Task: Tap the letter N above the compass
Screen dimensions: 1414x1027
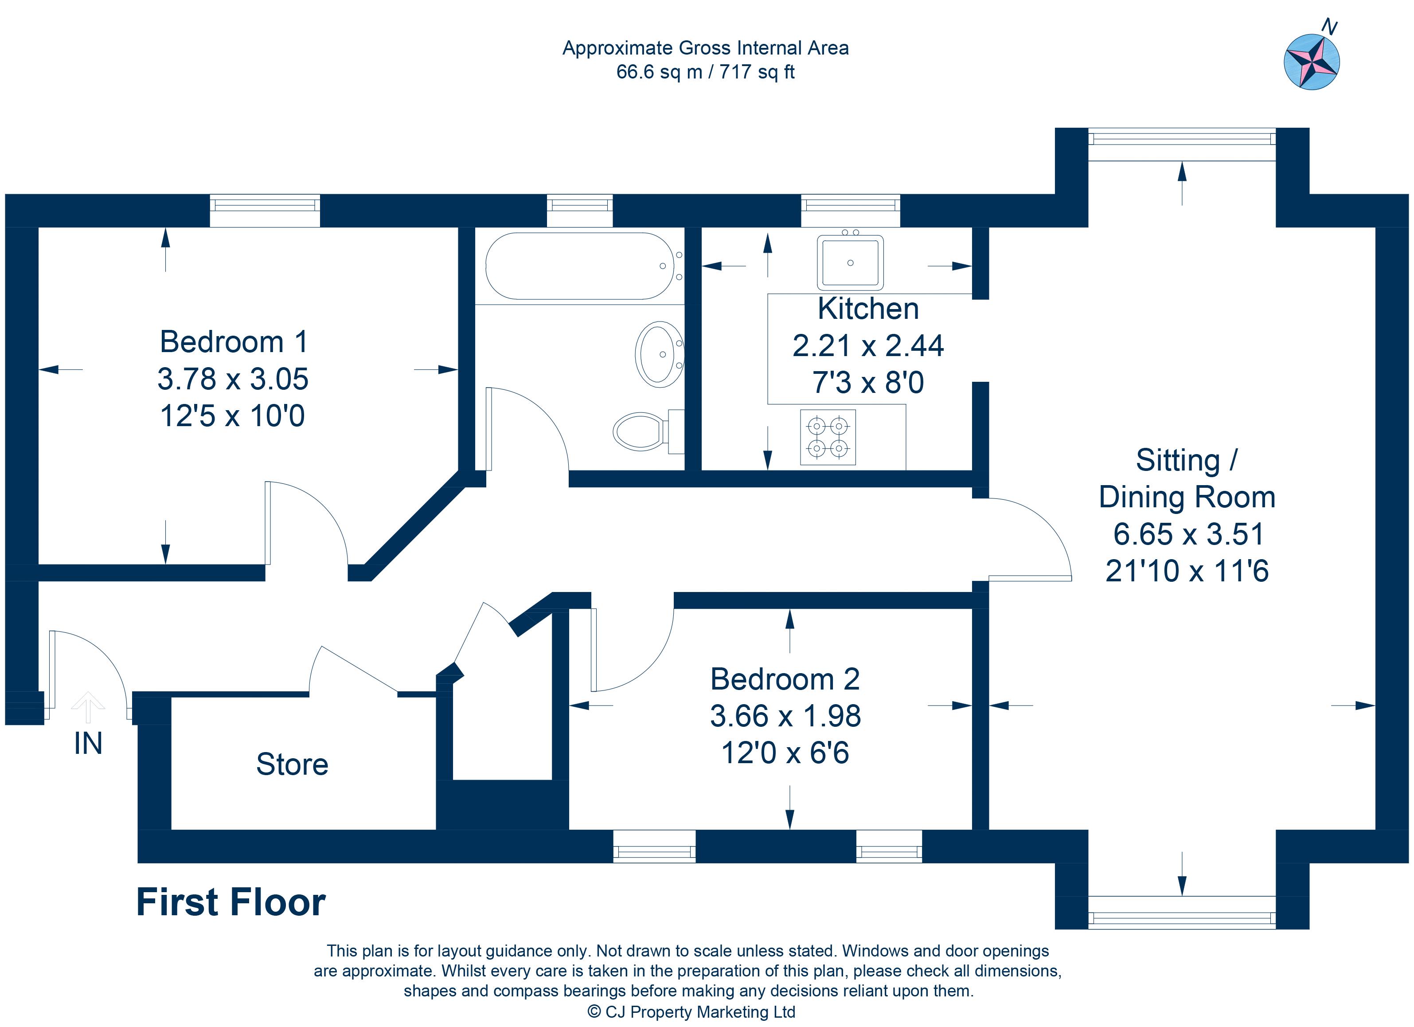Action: (1329, 27)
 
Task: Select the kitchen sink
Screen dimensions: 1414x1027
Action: (850, 263)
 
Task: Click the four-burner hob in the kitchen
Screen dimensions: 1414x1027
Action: (828, 437)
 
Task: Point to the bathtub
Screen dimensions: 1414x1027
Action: (579, 266)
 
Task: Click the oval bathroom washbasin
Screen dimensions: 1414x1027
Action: (660, 354)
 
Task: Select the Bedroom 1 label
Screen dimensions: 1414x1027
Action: (234, 342)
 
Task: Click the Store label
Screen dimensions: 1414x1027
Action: (293, 764)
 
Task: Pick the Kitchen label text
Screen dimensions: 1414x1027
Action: (868, 309)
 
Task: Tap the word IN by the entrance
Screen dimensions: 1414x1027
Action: (88, 743)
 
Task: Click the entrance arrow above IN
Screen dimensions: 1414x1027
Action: (88, 707)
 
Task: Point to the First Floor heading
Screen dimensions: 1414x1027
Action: (230, 902)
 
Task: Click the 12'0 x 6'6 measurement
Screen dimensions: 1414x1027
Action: (785, 753)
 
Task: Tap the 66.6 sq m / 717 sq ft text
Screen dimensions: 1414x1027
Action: (705, 72)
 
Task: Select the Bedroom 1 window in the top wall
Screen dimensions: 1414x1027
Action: (265, 210)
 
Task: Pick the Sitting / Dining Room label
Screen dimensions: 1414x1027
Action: (1187, 479)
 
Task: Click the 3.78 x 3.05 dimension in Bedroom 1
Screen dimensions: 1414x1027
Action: (233, 379)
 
